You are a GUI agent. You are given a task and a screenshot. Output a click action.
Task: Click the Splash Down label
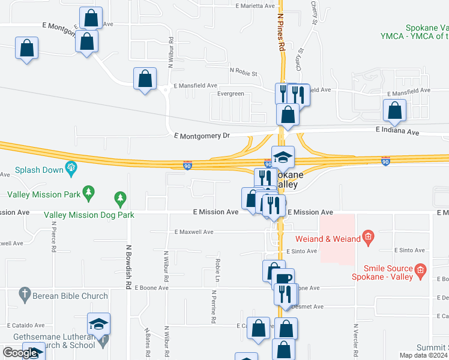coord(39,170)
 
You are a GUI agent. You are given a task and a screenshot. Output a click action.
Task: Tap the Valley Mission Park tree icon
coord(89,192)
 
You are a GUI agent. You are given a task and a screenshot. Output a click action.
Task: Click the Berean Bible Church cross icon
coord(25,294)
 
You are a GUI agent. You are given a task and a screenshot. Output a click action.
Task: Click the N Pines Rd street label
coord(280,29)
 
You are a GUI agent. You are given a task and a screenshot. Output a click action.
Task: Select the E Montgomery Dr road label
coord(201,136)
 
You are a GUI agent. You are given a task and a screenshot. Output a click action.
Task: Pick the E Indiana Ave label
coord(397,130)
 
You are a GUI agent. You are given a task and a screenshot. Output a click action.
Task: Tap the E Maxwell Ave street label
coord(194,232)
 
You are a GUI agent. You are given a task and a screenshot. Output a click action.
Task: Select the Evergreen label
coord(231,94)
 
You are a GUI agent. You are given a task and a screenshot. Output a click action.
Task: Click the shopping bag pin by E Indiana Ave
coord(394,110)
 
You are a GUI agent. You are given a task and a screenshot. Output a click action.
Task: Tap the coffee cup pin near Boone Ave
coord(283,278)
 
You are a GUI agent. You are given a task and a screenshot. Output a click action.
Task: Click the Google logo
coord(20,353)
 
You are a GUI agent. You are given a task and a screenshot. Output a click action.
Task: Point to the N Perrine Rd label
coord(213,307)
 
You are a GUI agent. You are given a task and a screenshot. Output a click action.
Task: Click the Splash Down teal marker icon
coord(72,168)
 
